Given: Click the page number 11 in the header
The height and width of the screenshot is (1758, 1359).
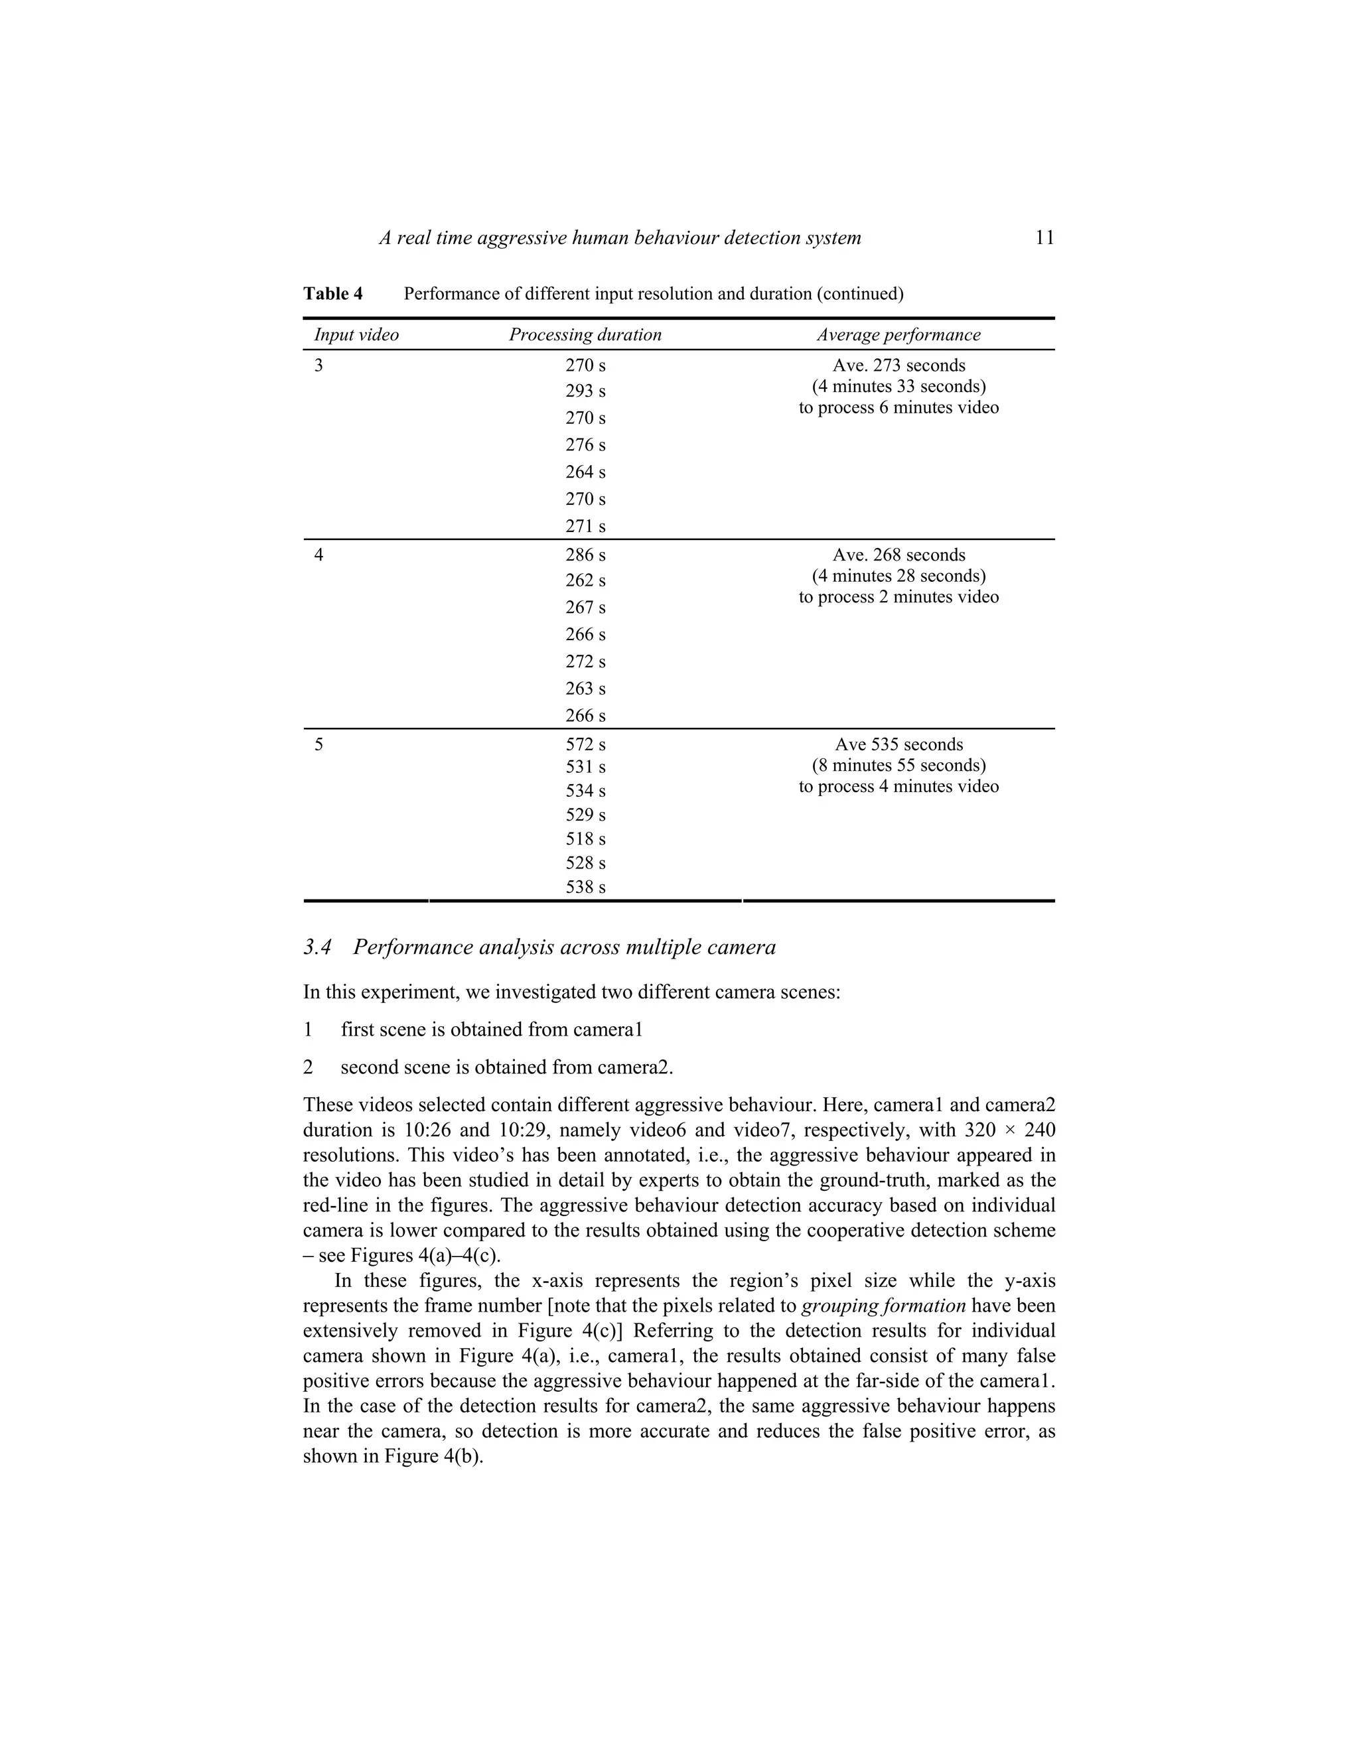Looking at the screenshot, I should click(x=1044, y=238).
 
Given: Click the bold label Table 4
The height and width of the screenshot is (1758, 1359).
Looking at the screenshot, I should click(x=332, y=294).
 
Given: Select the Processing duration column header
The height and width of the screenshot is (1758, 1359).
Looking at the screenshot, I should click(x=585, y=335).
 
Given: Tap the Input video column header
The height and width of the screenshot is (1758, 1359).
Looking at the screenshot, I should click(x=356, y=335).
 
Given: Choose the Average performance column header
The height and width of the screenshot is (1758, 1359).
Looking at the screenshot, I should click(x=898, y=335).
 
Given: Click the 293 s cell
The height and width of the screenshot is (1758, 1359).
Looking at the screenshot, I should click(x=585, y=391).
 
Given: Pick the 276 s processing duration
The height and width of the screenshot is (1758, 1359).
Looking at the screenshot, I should click(x=585, y=445).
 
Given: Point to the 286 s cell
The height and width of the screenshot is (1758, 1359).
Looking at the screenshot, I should click(x=585, y=555).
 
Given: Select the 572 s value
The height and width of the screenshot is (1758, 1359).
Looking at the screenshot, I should click(x=585, y=744).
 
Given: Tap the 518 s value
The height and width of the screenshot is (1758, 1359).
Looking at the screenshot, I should click(x=585, y=839).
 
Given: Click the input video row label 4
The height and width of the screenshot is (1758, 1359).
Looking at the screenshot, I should click(x=319, y=555).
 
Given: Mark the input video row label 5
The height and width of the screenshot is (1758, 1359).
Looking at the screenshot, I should click(x=319, y=744).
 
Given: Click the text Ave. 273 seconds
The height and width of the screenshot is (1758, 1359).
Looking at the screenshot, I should click(x=898, y=366).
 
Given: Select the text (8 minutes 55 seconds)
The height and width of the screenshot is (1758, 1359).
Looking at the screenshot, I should click(x=898, y=766).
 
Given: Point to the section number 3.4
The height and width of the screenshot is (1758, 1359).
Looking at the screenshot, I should click(x=317, y=947).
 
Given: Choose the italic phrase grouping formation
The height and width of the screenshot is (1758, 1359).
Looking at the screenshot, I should click(x=883, y=1306).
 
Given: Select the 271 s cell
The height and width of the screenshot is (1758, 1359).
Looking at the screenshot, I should click(x=585, y=527).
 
